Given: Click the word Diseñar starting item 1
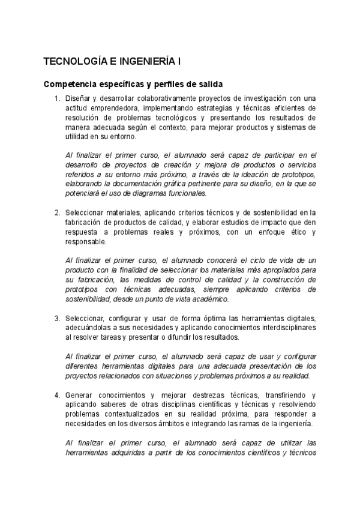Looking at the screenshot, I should pyautogui.click(x=79, y=98).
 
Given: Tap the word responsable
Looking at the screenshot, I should pyautogui.click(x=86, y=242).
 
